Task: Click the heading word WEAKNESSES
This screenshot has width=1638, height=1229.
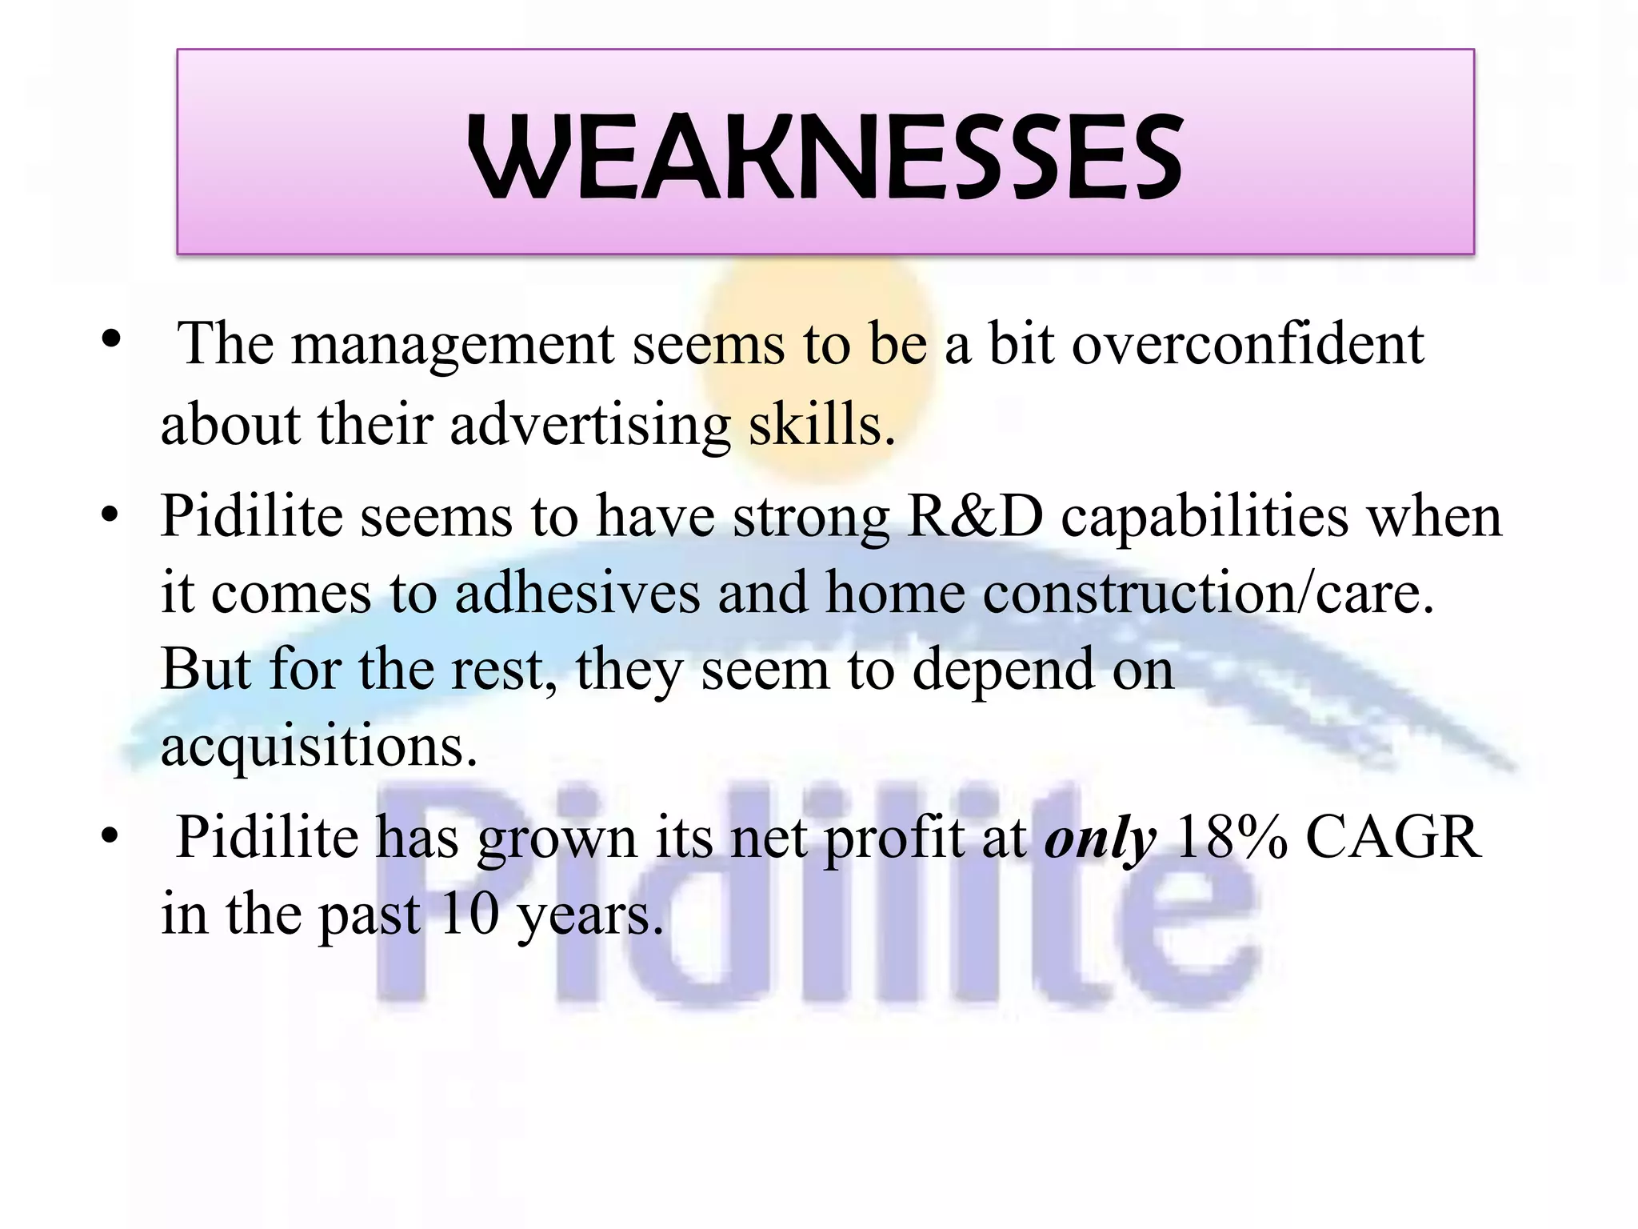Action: pos(825,157)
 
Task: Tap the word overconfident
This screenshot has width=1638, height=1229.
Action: pos(1248,344)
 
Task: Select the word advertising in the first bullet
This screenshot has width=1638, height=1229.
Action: pos(589,424)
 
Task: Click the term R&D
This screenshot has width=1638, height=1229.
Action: pos(975,516)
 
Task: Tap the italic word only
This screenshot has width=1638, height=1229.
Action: pos(1100,839)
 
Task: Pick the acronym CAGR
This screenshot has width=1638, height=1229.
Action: pos(1393,837)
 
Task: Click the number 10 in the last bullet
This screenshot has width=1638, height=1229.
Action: pos(469,914)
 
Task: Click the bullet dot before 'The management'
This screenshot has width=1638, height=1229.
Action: pos(111,339)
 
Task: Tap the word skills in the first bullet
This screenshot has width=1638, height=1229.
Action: pos(821,424)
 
